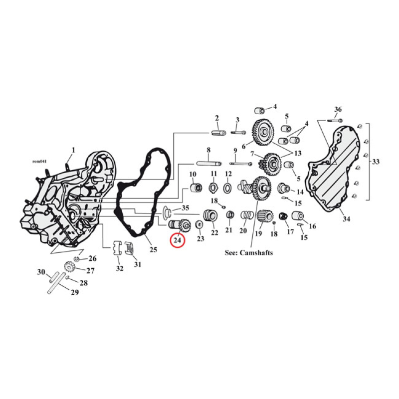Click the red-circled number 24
pos(178,240)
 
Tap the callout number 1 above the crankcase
pos(73,150)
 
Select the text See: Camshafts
pos(249,253)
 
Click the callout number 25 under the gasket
pos(153,248)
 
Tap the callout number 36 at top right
pos(338,109)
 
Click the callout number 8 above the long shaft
pos(208,150)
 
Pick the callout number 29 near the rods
pos(74,292)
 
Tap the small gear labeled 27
pos(70,268)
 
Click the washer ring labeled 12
pos(228,189)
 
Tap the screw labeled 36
pos(333,120)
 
